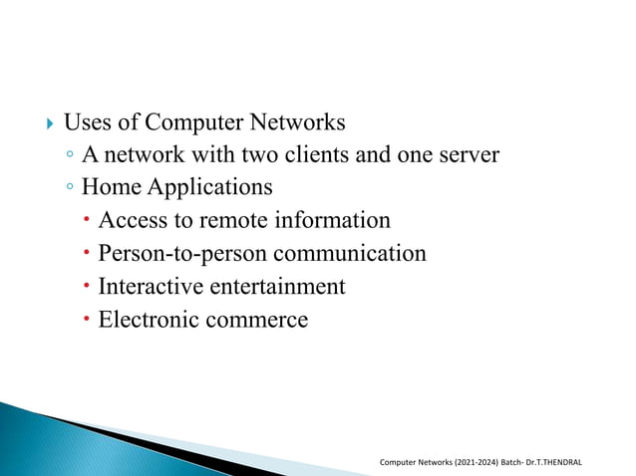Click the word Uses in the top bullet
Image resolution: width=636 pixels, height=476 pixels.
click(x=85, y=123)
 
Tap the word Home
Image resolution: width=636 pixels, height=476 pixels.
click(x=111, y=187)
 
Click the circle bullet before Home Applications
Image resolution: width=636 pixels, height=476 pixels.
click(x=68, y=187)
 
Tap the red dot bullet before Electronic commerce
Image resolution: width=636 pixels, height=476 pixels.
click(x=88, y=320)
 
